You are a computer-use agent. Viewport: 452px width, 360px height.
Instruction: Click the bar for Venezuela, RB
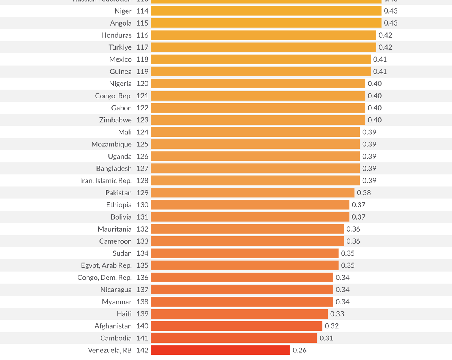[x=221, y=350]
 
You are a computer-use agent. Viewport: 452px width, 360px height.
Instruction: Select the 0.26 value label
[x=299, y=350]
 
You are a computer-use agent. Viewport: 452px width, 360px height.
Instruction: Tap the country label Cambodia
[x=116, y=338]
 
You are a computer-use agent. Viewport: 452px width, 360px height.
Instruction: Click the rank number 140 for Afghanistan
[x=142, y=326]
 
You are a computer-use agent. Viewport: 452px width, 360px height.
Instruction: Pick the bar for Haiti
[x=239, y=314]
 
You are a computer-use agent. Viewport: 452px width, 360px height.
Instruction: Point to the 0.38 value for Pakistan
[x=364, y=193]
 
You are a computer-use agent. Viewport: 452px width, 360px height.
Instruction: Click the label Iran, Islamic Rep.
[x=106, y=181]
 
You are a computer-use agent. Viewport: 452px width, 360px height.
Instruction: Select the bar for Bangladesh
[x=255, y=168]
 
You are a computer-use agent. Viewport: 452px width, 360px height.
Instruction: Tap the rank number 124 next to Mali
[x=142, y=132]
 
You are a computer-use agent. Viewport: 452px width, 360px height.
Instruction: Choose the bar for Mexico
[x=261, y=59]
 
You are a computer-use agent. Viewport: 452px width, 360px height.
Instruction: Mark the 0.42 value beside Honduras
[x=385, y=35]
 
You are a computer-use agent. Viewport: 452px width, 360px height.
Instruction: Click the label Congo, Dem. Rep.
[x=105, y=278]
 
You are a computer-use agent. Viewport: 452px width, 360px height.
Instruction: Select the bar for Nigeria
[x=258, y=84]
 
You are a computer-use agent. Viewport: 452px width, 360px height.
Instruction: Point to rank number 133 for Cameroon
[x=142, y=241]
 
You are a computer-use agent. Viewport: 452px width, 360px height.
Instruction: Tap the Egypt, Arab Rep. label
[x=106, y=265]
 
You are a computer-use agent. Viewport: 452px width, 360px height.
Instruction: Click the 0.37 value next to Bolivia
[x=359, y=217]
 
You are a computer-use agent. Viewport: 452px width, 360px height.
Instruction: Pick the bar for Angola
[x=266, y=23]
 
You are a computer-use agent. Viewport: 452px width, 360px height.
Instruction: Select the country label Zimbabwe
[x=115, y=120]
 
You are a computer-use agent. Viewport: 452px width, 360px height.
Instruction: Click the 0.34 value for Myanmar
[x=342, y=302]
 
